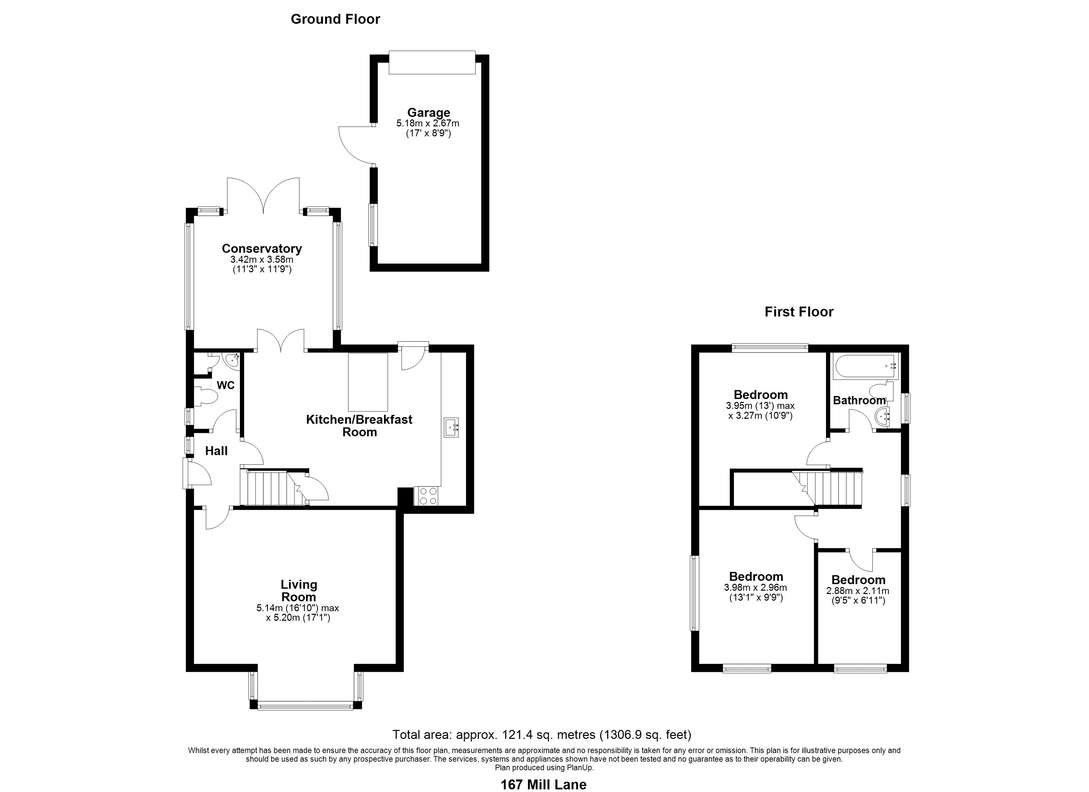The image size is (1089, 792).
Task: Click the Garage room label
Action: tap(428, 113)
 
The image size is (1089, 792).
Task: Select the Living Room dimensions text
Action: tap(298, 613)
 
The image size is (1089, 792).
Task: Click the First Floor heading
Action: tap(799, 312)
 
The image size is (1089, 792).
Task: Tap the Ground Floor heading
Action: tap(335, 19)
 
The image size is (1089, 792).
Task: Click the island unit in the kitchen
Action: tap(368, 382)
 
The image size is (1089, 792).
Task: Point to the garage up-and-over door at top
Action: tap(432, 62)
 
